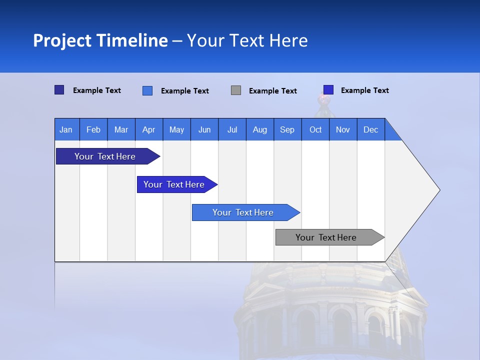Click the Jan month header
point(66,129)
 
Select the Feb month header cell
point(93,129)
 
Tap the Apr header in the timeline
point(148,129)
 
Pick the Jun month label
point(204,129)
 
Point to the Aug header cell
point(259,129)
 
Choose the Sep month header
point(287,129)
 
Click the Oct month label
point(315,129)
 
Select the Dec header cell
point(370,129)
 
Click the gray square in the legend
point(236,90)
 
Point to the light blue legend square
point(147,90)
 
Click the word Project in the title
point(62,40)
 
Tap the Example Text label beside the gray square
point(272,91)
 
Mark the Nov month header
point(342,129)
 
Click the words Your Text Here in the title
point(247,40)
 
